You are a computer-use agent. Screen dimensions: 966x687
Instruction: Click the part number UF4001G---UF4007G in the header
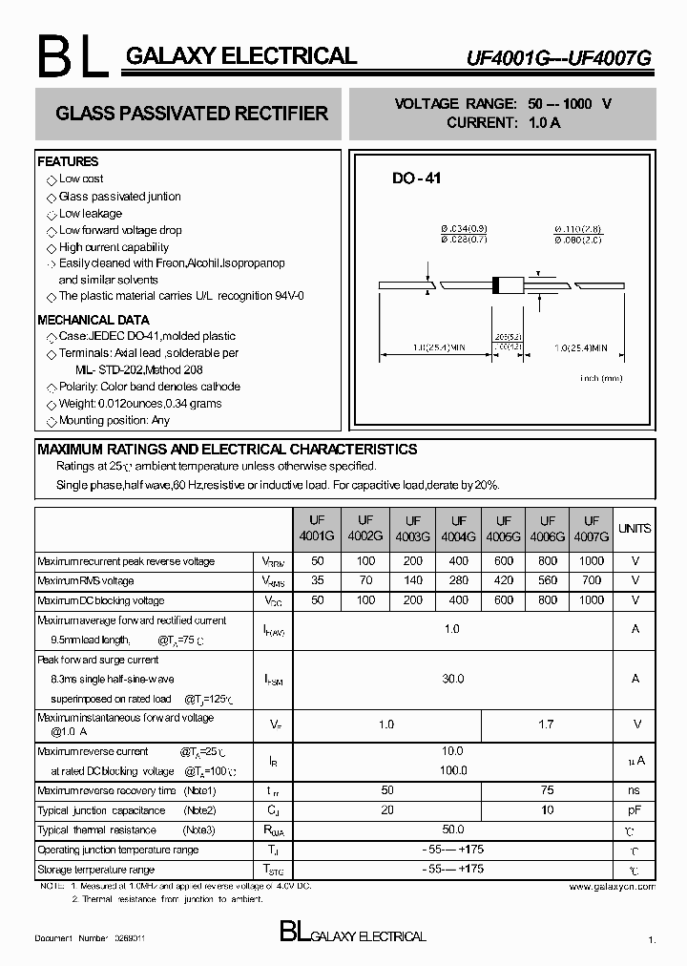[572, 57]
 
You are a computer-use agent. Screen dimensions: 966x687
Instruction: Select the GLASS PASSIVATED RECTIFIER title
[192, 114]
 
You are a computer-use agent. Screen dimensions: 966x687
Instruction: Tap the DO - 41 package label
[417, 178]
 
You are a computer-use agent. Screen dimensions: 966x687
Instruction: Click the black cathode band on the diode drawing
[496, 283]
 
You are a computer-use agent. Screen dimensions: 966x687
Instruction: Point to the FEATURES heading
[68, 162]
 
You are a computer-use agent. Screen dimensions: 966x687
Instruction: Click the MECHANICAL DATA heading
[94, 320]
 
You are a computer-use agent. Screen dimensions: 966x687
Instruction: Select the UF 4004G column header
[459, 529]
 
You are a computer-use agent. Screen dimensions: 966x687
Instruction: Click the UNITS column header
[635, 528]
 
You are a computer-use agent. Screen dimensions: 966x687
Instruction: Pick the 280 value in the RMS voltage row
[459, 580]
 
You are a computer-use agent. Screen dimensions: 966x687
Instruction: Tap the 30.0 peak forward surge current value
[452, 679]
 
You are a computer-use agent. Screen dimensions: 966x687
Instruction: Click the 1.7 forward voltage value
[547, 724]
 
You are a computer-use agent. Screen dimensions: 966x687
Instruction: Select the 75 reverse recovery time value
[547, 790]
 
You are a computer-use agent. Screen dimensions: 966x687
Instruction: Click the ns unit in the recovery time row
[635, 790]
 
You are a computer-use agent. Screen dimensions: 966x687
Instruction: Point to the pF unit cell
[635, 810]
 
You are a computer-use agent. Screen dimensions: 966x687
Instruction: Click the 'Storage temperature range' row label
[95, 870]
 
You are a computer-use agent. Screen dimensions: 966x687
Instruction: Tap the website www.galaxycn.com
[612, 887]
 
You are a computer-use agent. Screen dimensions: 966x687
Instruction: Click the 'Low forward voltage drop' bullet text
[120, 230]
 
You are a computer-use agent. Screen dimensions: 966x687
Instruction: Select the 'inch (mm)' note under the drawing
[601, 379]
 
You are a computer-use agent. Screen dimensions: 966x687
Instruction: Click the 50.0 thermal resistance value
[452, 829]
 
